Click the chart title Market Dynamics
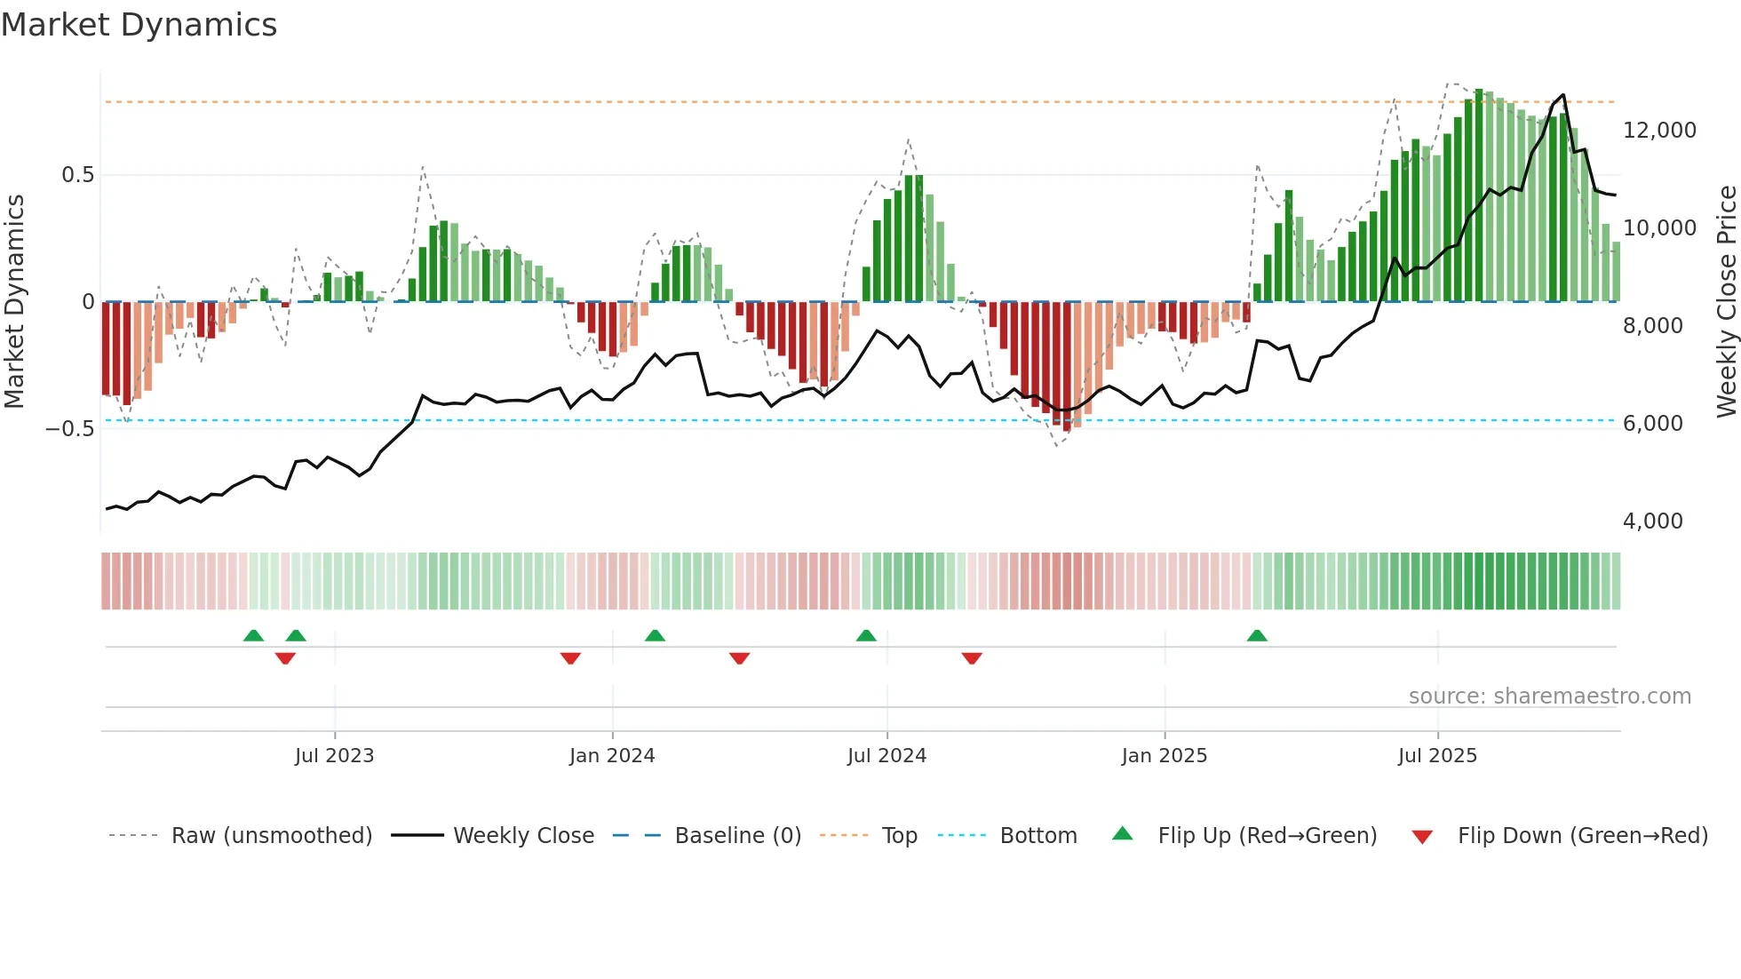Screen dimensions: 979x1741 coord(139,25)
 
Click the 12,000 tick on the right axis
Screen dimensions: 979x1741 coord(1659,131)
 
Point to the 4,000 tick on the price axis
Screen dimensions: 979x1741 coord(1652,521)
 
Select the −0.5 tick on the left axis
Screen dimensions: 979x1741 coord(70,429)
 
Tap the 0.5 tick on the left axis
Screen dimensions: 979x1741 coord(77,175)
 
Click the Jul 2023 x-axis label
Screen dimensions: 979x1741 coord(334,756)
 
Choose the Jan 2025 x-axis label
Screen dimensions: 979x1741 coord(1164,756)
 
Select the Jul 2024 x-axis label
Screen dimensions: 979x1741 coord(886,756)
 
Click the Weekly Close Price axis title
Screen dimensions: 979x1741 coord(1726,301)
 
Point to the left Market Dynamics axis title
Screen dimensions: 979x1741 coord(14,301)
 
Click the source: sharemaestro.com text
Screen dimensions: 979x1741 coord(1549,696)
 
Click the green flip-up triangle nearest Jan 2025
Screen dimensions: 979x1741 coord(1256,636)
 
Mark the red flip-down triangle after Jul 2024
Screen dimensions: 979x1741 coord(972,658)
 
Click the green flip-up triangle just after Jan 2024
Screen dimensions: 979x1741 coord(655,636)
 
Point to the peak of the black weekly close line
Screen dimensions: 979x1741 coord(1563,95)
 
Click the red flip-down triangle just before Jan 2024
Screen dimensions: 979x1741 coord(570,658)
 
